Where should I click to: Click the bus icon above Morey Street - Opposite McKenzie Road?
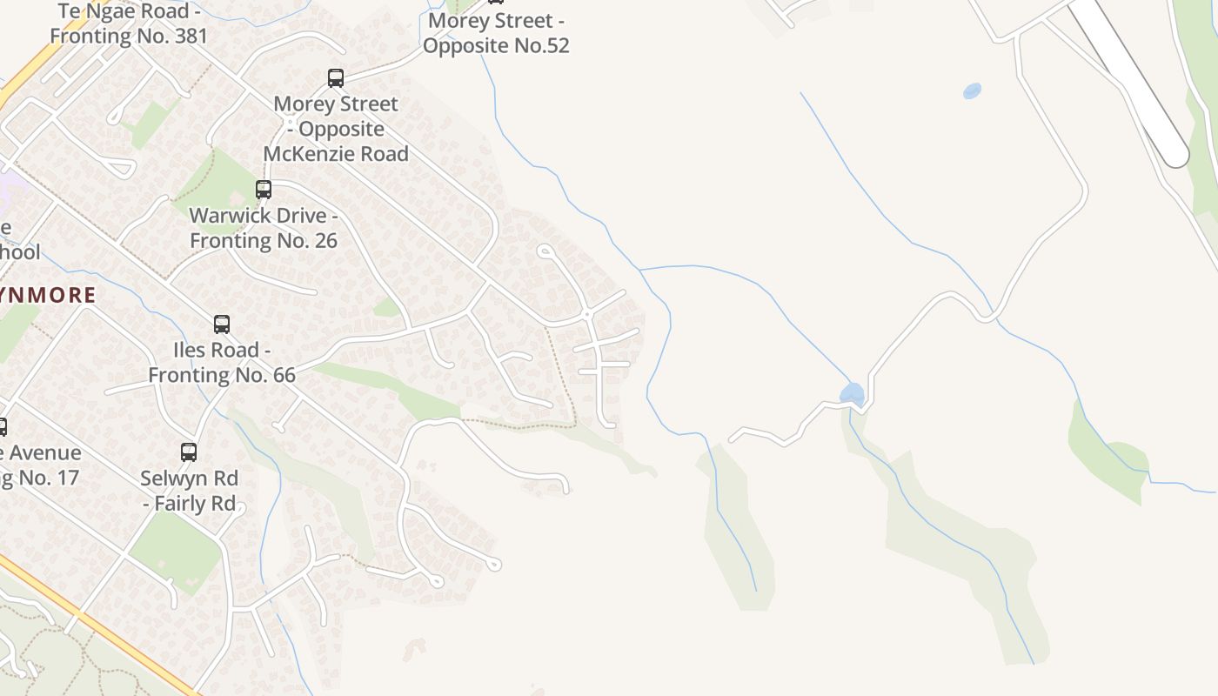click(x=336, y=78)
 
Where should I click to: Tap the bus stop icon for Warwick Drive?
click(x=263, y=189)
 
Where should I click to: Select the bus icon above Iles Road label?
click(x=222, y=325)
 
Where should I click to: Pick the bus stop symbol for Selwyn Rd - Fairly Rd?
click(x=189, y=452)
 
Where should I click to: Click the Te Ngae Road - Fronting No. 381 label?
click(x=129, y=23)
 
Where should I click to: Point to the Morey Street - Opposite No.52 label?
click(x=496, y=33)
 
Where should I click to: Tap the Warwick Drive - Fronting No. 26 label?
click(x=263, y=228)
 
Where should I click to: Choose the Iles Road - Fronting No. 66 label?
click(x=222, y=363)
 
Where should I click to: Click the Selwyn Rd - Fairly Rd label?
click(x=189, y=491)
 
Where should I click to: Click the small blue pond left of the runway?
click(x=972, y=90)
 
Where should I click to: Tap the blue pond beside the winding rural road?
click(x=853, y=393)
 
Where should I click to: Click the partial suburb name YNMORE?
click(x=48, y=295)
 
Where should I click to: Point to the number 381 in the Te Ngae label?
click(x=190, y=37)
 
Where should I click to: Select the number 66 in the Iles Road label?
click(x=281, y=375)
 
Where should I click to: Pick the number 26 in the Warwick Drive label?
click(x=324, y=240)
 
